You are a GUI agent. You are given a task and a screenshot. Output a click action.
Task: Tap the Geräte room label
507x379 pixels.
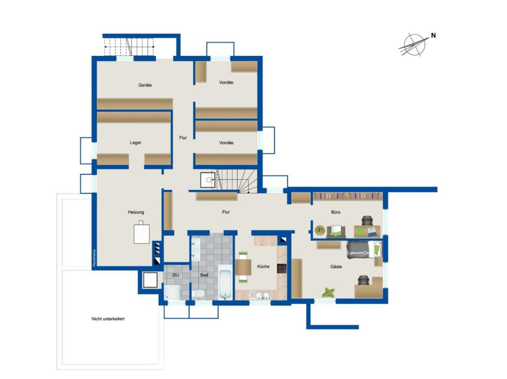(x=145, y=85)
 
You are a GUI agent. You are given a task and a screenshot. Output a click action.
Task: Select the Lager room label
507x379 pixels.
(x=136, y=143)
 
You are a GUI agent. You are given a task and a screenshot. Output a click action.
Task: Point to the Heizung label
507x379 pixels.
(x=136, y=212)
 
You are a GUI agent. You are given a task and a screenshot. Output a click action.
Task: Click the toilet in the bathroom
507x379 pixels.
(x=199, y=294)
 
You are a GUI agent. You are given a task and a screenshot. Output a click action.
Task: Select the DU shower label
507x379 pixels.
(x=175, y=275)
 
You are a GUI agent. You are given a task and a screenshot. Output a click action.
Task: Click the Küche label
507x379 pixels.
(x=263, y=267)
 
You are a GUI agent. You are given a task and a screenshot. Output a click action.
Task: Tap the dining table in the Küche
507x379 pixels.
(x=243, y=267)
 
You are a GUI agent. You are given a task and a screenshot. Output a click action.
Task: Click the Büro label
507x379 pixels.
(x=336, y=212)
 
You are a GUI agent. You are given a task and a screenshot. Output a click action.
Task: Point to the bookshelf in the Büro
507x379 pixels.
(x=348, y=196)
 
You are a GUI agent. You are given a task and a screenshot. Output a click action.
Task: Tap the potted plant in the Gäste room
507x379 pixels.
(x=328, y=292)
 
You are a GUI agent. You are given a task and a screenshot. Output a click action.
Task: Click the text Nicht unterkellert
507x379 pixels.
(x=108, y=319)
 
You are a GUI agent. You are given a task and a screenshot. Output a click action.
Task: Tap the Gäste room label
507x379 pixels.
(x=337, y=267)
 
